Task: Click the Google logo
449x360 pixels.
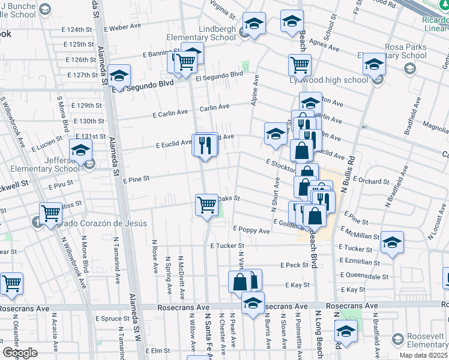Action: pyautogui.click(x=19, y=353)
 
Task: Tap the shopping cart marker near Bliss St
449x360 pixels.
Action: pyautogui.click(x=51, y=212)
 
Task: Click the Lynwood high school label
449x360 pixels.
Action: pyautogui.click(x=336, y=80)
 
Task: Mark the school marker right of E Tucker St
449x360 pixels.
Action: pyautogui.click(x=392, y=242)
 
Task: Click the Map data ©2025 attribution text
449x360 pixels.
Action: pyautogui.click(x=423, y=355)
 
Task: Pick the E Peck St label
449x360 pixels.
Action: pyautogui.click(x=294, y=265)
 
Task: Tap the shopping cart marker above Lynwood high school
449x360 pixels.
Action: pyautogui.click(x=299, y=64)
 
